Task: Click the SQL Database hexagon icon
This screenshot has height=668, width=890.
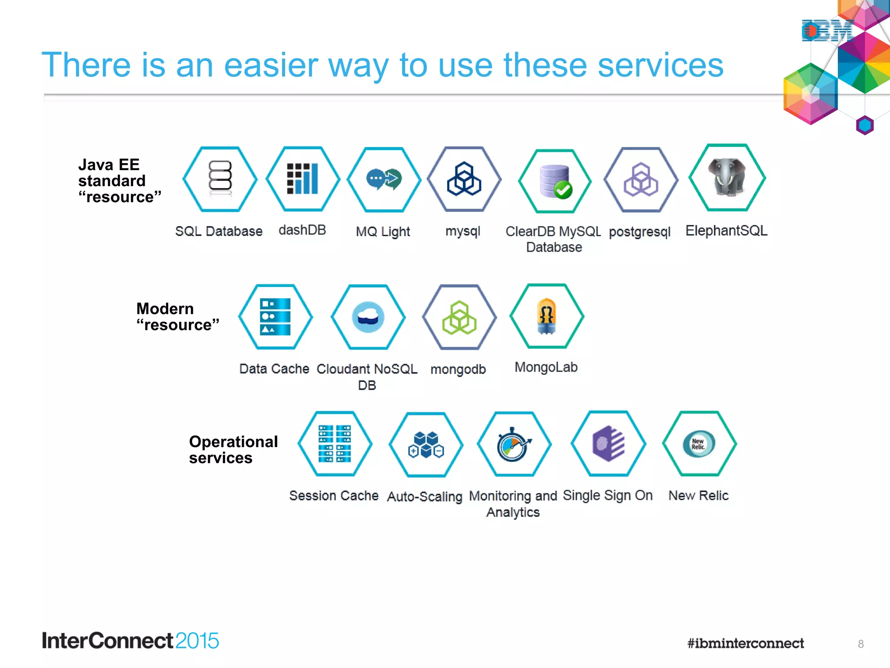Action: [220, 179]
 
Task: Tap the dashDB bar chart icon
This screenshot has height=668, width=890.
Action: [302, 179]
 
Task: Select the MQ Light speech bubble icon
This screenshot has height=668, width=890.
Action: [384, 179]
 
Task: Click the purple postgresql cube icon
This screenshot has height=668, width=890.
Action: [641, 180]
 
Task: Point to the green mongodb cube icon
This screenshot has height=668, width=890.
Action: [459, 317]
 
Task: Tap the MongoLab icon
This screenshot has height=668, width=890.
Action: [547, 316]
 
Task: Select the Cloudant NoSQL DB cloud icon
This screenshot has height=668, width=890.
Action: [368, 317]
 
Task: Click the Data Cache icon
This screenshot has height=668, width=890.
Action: [275, 317]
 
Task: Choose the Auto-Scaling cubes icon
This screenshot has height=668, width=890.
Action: [426, 444]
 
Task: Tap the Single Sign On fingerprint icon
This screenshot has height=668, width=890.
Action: [608, 444]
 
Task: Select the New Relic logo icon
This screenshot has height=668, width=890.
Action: [699, 444]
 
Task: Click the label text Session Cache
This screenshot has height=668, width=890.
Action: [334, 496]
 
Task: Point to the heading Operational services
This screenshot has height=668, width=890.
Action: [233, 450]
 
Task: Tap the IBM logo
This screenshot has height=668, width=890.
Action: [827, 31]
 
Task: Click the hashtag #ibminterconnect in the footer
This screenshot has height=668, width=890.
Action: [745, 643]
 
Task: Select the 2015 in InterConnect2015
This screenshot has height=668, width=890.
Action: [197, 641]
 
